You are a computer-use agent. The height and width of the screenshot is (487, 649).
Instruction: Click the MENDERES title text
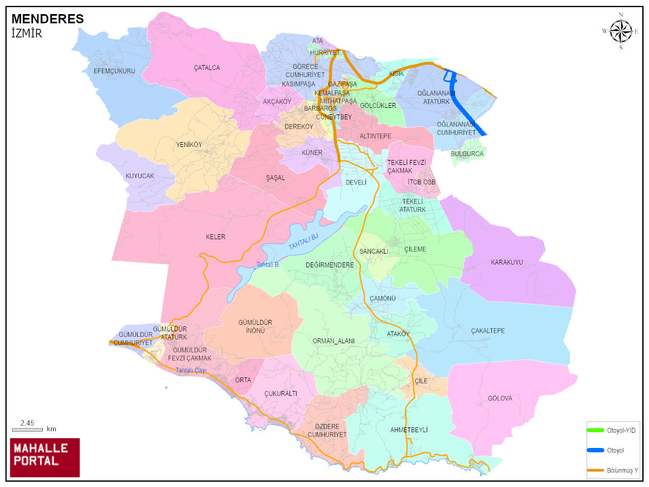point(48,19)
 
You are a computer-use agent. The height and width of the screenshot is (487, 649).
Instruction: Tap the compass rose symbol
point(621,31)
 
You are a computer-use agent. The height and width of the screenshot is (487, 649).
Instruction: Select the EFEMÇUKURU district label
point(114,71)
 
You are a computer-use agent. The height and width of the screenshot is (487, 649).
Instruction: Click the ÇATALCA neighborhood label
point(207,68)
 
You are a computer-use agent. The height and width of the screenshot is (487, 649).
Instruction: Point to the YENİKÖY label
point(189,145)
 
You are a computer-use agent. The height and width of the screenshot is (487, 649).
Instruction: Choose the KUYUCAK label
point(140,176)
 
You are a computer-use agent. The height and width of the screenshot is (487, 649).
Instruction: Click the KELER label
point(215,237)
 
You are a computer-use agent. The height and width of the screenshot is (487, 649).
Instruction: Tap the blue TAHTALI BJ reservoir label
point(303,241)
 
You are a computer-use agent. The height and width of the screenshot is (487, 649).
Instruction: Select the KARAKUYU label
point(507,262)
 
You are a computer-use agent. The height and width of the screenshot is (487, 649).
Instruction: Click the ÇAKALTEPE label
point(488,331)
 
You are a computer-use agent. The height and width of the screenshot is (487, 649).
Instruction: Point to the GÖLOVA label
point(499,399)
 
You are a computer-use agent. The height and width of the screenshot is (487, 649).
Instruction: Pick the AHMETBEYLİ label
point(409,430)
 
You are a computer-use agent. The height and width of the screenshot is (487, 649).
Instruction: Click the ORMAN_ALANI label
point(333,341)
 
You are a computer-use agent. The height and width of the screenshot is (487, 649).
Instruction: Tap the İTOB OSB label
point(421,182)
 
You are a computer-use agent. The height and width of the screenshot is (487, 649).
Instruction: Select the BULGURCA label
point(467,154)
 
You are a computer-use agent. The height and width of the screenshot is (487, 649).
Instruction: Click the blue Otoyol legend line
point(595,450)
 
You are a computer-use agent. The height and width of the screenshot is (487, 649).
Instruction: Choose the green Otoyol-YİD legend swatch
point(595,430)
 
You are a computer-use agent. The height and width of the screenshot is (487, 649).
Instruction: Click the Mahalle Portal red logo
point(44,457)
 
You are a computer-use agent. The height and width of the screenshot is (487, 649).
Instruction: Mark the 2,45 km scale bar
point(27,430)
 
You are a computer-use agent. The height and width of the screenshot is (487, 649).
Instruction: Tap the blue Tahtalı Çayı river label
point(190,370)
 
